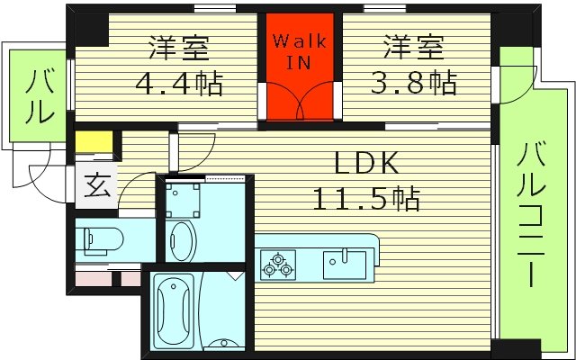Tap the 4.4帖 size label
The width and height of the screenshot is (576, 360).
(178, 85)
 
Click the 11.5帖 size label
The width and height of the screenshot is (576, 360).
(365, 198)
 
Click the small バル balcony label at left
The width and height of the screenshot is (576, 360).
(38, 98)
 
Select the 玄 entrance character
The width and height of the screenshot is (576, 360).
(95, 189)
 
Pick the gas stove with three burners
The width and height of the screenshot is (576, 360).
(276, 264)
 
